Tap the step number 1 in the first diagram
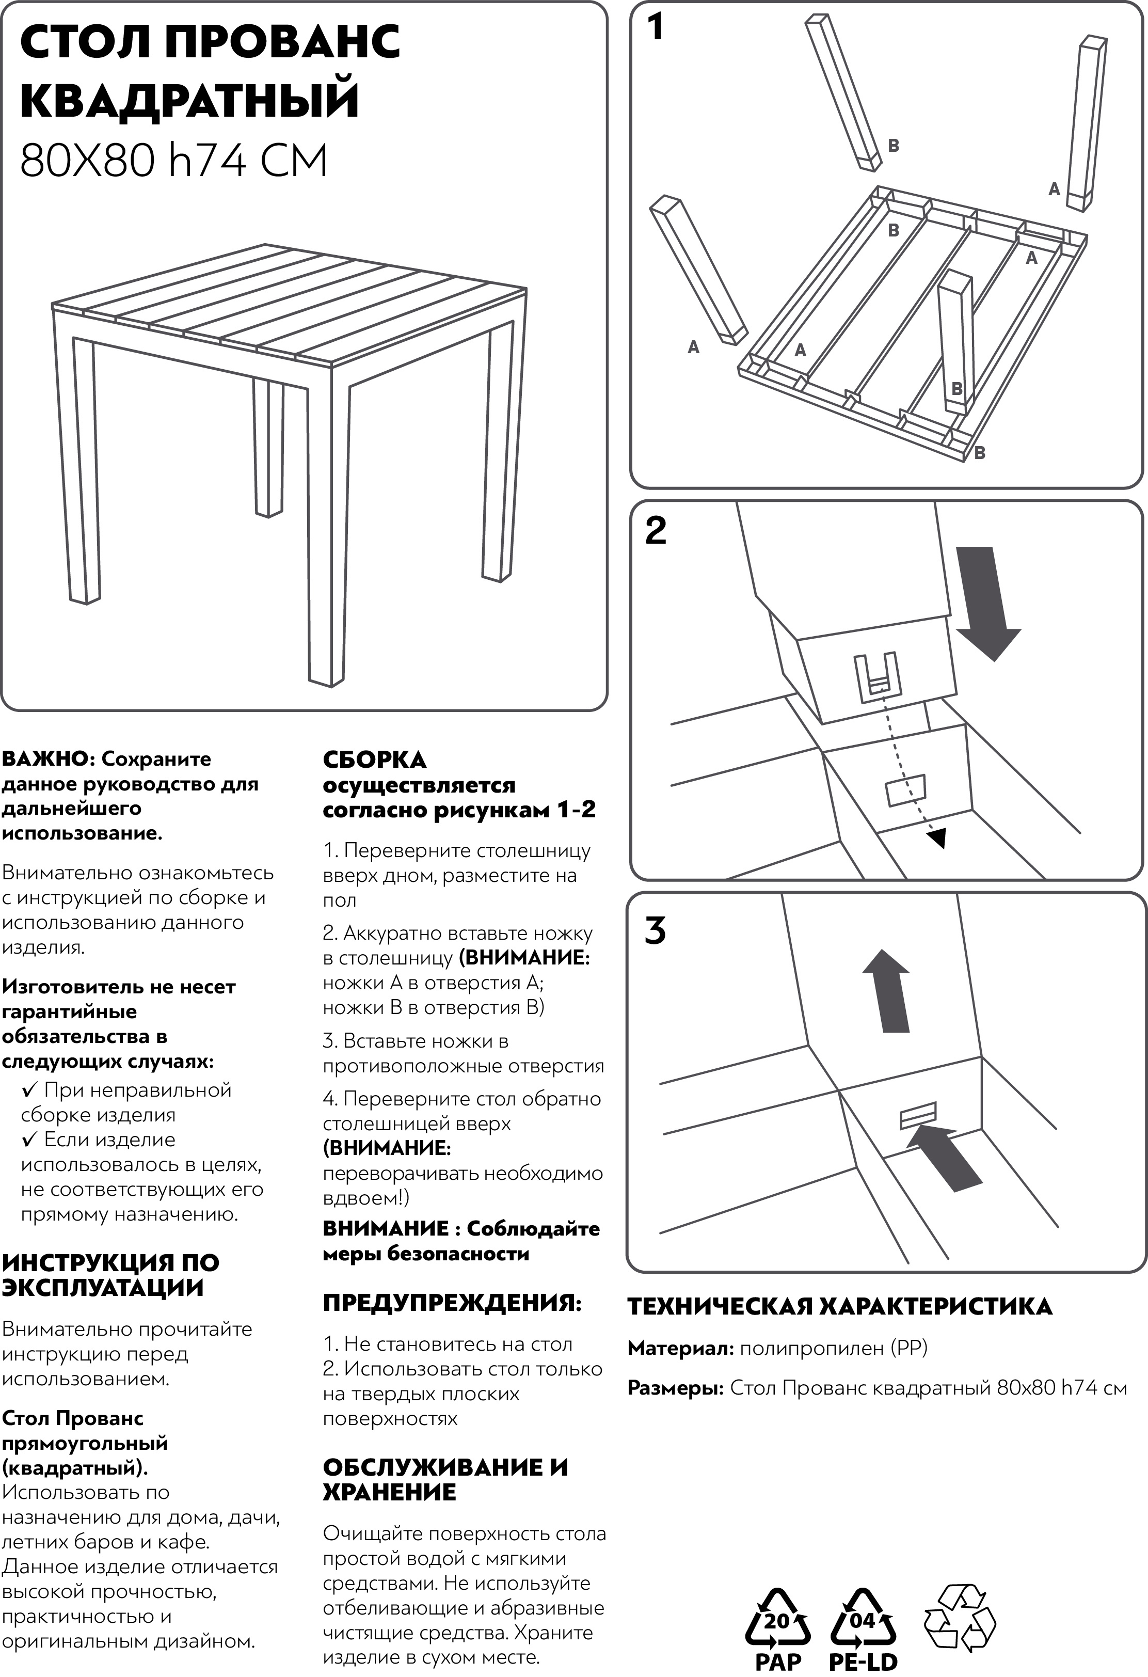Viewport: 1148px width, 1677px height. click(655, 27)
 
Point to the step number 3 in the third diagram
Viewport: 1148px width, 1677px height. click(655, 931)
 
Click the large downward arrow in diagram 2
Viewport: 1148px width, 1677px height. click(987, 603)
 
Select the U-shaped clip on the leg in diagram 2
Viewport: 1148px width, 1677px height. click(876, 676)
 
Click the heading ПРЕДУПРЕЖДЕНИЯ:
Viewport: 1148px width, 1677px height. click(452, 1303)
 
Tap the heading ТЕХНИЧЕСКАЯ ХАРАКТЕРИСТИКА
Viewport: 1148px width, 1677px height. click(839, 1307)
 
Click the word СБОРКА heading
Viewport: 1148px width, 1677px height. click(374, 760)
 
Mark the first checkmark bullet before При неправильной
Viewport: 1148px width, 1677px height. click(29, 1089)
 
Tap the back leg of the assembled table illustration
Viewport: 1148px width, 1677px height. click(268, 448)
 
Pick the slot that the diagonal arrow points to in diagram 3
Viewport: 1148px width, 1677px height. click(918, 1116)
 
